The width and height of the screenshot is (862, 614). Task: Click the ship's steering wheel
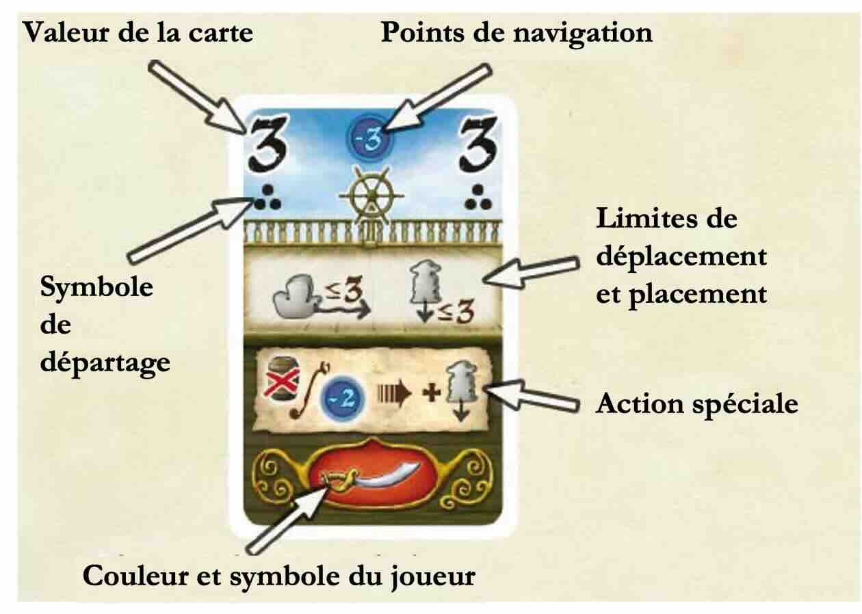(x=371, y=196)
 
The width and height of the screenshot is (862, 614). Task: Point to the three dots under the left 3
(x=267, y=198)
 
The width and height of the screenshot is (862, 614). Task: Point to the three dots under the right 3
(x=478, y=198)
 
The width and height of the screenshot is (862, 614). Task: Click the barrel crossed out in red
(x=283, y=379)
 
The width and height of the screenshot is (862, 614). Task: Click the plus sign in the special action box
(x=431, y=394)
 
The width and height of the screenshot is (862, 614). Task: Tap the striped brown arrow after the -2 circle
(x=394, y=394)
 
